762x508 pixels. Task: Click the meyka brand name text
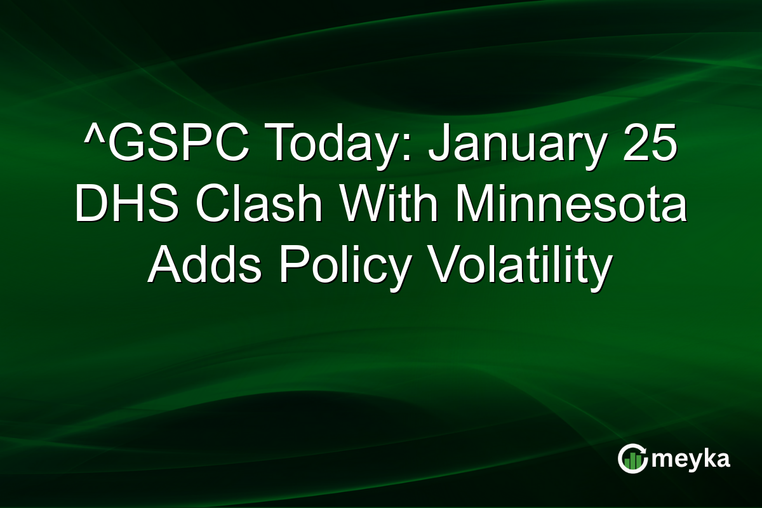click(693, 459)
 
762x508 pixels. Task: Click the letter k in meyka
click(705, 458)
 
